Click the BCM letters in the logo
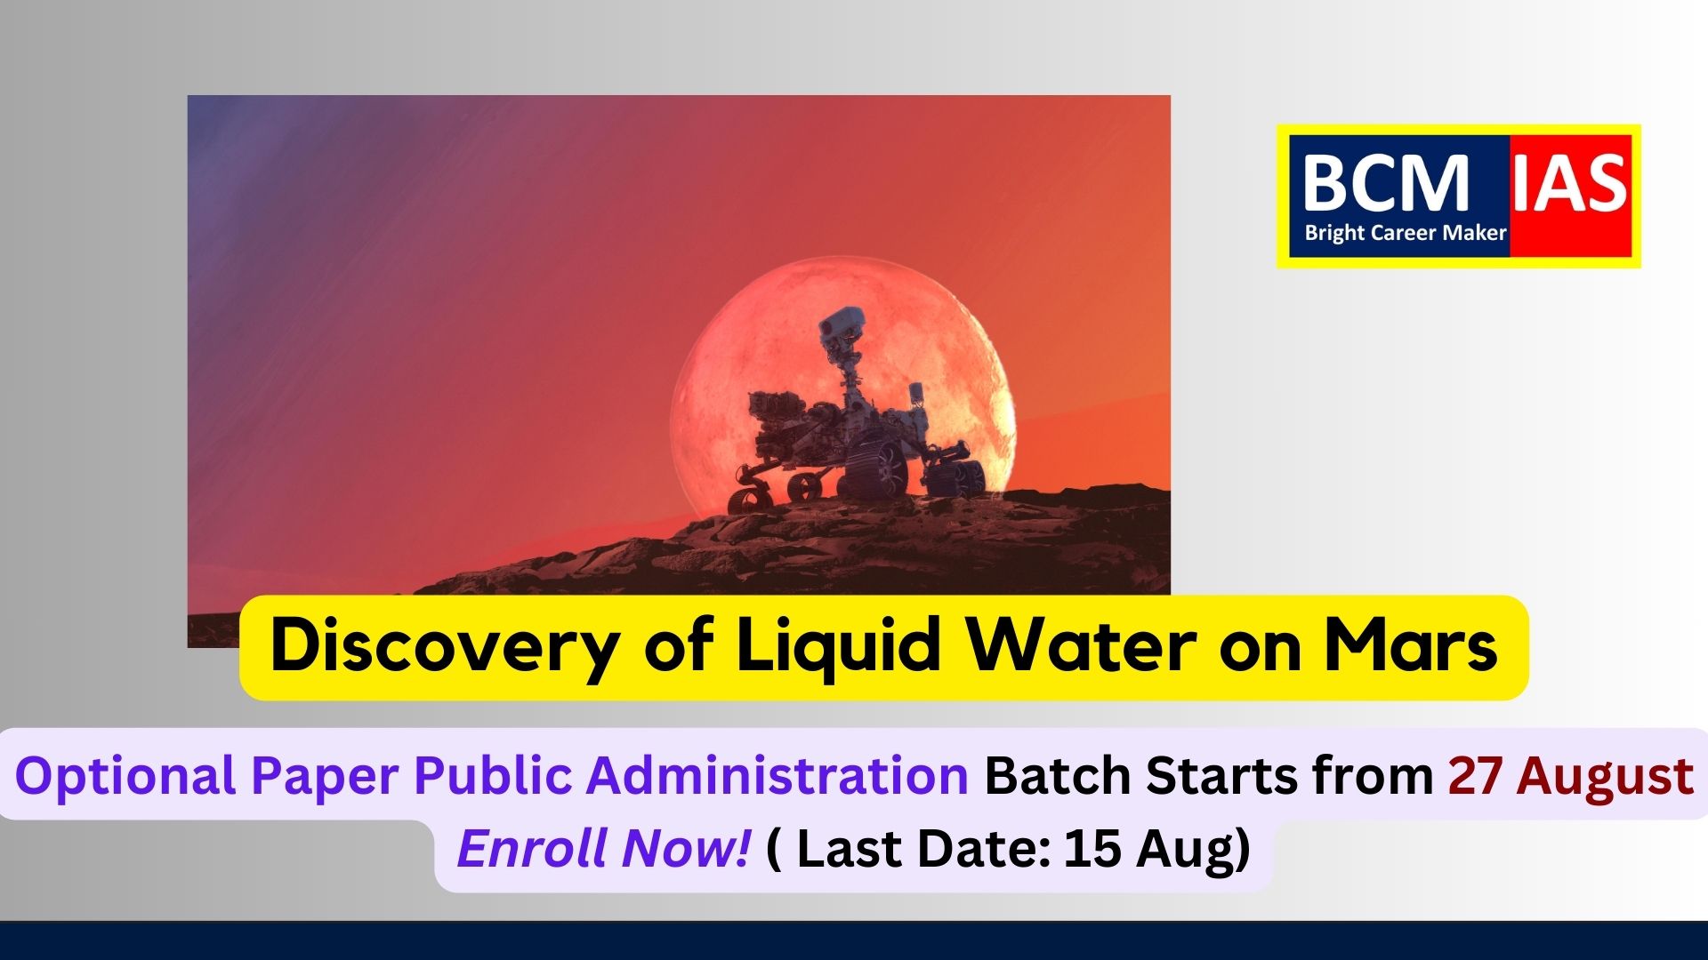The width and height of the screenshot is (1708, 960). (1385, 184)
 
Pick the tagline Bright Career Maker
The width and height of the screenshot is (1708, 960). (1406, 233)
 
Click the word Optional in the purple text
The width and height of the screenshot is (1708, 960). (125, 776)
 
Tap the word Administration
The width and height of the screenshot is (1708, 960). (777, 774)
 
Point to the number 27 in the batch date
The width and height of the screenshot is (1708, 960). (1475, 775)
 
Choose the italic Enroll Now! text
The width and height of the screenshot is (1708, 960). (603, 848)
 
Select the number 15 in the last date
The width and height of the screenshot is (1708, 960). (1092, 848)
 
